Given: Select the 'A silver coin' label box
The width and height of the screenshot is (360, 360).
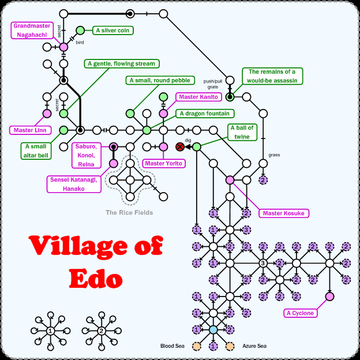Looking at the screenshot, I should (112, 30).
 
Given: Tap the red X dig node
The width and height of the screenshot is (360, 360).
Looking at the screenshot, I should (180, 147).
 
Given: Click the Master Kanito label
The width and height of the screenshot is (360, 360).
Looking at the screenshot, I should (198, 97).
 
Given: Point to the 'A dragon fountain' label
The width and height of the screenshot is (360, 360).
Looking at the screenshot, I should (204, 114).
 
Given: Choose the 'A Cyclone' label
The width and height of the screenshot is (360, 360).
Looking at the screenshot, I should (300, 313).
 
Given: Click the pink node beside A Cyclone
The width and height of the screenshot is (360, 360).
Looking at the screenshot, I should (329, 297).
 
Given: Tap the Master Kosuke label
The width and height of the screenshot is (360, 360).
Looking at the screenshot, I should (283, 213).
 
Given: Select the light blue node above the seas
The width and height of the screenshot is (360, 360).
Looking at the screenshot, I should (213, 329).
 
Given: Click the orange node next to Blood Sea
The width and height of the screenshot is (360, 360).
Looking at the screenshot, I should (196, 346).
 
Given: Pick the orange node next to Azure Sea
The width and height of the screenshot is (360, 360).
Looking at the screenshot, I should (230, 346).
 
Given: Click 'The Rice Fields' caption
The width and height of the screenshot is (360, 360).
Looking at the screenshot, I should (129, 212).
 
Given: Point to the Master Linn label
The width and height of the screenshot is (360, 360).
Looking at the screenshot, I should (29, 130).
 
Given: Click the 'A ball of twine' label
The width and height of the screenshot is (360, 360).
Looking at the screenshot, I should (242, 132).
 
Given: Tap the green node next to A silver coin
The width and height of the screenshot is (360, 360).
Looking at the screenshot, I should (80, 30).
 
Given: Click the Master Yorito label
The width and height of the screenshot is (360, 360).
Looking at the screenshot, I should (163, 163).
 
